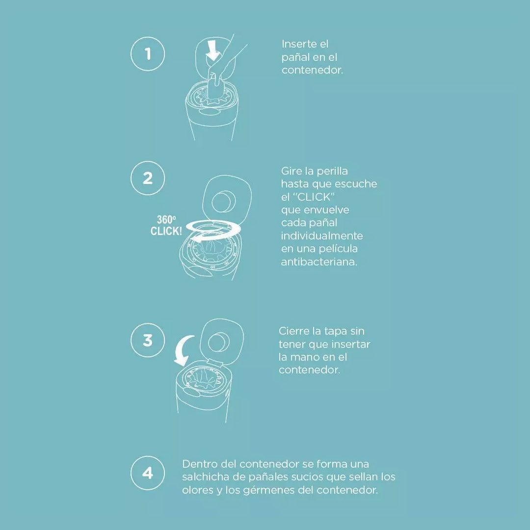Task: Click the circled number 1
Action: [148, 54]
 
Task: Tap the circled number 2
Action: [148, 178]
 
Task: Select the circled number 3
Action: [148, 340]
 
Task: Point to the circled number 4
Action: [148, 473]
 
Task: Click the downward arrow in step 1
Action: [213, 51]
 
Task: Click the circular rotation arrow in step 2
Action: [213, 231]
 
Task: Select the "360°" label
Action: [166, 220]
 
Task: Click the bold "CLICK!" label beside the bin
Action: [166, 231]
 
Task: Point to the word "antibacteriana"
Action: [319, 262]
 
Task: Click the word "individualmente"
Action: [322, 236]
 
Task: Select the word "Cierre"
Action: [291, 331]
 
